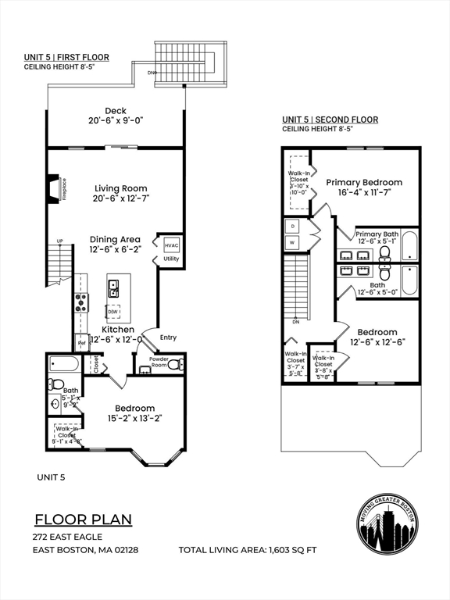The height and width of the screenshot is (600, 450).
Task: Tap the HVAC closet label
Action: (172, 245)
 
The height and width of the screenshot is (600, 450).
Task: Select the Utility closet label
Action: (172, 259)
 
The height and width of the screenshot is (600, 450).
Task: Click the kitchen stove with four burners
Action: (80, 302)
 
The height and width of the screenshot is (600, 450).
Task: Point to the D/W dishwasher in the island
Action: (114, 312)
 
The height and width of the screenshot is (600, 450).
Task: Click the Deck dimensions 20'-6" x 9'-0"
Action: (116, 121)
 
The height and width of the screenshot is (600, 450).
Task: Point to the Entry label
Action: (168, 337)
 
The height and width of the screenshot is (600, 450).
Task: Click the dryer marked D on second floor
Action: (293, 226)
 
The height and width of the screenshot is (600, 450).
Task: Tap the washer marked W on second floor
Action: (293, 242)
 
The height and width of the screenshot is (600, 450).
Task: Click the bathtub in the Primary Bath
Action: (409, 245)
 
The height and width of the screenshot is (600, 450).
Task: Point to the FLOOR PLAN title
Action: (83, 520)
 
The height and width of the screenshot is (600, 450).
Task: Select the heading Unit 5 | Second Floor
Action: (330, 120)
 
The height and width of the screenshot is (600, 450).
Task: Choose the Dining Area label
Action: (114, 239)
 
